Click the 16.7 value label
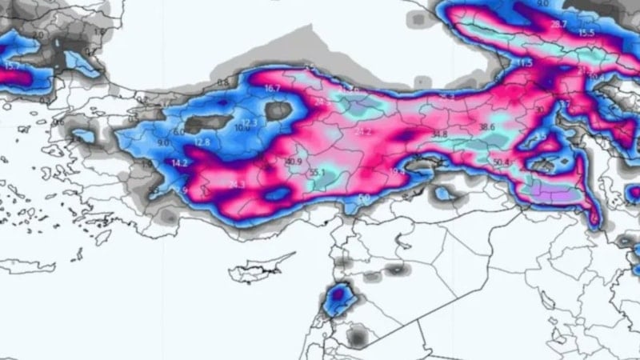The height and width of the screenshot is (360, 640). pos(273,88)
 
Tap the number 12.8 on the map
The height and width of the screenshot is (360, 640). pos(202,142)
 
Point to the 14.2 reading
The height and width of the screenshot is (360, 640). pos(180,162)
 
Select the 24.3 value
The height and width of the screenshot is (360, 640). pos(237,185)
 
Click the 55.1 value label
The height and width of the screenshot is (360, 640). pos(318,172)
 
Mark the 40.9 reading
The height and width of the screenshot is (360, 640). pos(294,162)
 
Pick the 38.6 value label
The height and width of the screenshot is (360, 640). pos(487,126)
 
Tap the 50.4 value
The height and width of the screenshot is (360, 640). pos(502,162)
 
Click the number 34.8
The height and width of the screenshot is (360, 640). pos(438,134)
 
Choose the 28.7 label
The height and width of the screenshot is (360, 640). pos(558,25)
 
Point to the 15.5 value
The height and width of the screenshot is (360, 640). pos(586,33)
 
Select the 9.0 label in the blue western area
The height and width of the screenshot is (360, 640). pos(164,142)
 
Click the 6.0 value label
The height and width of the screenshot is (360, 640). pos(178,131)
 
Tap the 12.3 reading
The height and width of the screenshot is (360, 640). pos(249,122)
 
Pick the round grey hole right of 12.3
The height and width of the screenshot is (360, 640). pos(279,111)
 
